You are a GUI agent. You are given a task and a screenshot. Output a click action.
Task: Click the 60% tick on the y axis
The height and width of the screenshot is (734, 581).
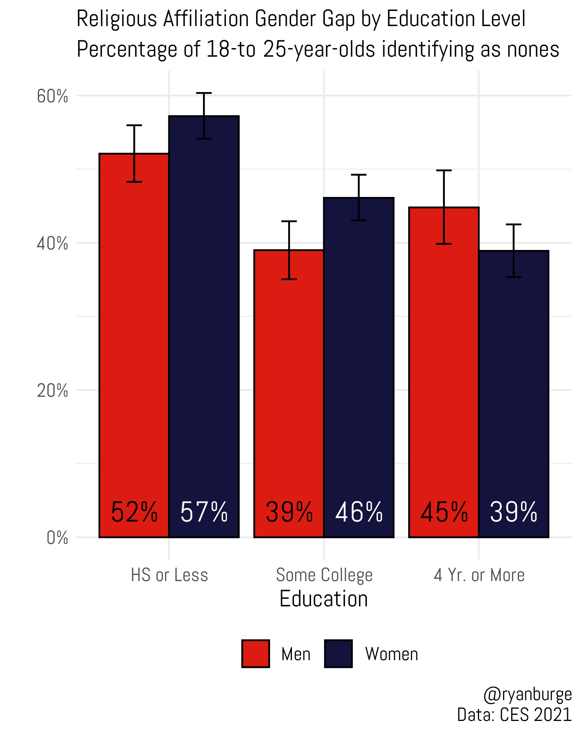(x=52, y=97)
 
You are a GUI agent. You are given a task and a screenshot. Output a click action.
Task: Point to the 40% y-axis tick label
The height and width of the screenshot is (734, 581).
(x=52, y=244)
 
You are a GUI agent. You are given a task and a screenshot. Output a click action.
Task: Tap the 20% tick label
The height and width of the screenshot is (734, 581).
(x=52, y=391)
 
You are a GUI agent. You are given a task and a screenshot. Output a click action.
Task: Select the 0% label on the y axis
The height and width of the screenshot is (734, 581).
(x=57, y=538)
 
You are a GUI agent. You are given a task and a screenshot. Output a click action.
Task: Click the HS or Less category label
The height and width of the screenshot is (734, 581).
(x=169, y=575)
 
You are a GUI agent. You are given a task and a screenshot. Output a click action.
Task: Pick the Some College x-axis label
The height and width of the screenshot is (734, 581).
(x=324, y=575)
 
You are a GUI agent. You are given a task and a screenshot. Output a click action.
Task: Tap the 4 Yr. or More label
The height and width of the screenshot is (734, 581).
(x=479, y=575)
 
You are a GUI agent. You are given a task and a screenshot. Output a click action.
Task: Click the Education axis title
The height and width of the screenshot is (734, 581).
(x=324, y=599)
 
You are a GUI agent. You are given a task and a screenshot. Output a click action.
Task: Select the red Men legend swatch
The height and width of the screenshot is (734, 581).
(x=256, y=654)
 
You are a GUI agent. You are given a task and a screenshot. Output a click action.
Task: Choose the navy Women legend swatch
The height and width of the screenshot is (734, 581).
(x=338, y=654)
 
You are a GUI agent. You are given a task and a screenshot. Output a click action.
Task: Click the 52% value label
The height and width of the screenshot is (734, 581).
(x=134, y=512)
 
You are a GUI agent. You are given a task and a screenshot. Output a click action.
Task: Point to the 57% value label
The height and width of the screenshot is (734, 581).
(x=204, y=512)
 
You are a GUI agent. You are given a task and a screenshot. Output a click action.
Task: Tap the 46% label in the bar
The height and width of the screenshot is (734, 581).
(x=359, y=512)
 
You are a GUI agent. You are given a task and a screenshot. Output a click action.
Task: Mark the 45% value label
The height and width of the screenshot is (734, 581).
(x=444, y=512)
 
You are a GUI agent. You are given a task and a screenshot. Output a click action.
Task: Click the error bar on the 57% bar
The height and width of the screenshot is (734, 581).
(x=204, y=116)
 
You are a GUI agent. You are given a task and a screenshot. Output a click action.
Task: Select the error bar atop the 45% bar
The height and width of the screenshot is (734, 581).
(x=444, y=207)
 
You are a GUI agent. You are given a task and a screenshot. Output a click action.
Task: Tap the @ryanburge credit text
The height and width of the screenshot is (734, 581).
(x=527, y=694)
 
